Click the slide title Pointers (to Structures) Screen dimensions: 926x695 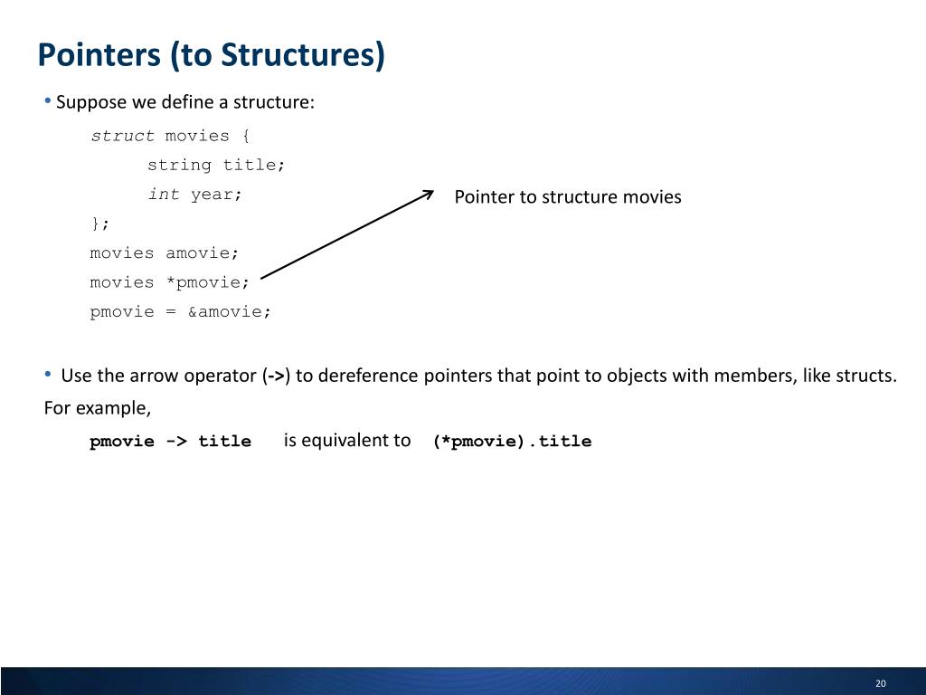pyautogui.click(x=211, y=55)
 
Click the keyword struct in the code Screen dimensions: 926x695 pyautogui.click(x=123, y=136)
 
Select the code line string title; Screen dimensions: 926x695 pyautogui.click(x=216, y=165)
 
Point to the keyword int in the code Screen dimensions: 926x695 pyautogui.click(x=164, y=195)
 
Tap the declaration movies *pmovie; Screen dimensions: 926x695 pyautogui.click(x=169, y=282)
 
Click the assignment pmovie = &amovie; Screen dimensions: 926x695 pyautogui.click(x=180, y=312)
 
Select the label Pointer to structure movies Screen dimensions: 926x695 pyautogui.click(x=567, y=197)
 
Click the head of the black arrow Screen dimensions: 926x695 pyautogui.click(x=430, y=193)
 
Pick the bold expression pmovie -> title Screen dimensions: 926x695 pyautogui.click(x=170, y=442)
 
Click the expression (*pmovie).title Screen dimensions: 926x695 pyautogui.click(x=512, y=442)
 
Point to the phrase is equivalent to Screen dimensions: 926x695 pyautogui.click(x=347, y=441)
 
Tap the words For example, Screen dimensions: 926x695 pyautogui.click(x=98, y=407)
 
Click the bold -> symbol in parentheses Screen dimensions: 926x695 pyautogui.click(x=276, y=376)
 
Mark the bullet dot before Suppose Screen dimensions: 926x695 pyautogui.click(x=48, y=100)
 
